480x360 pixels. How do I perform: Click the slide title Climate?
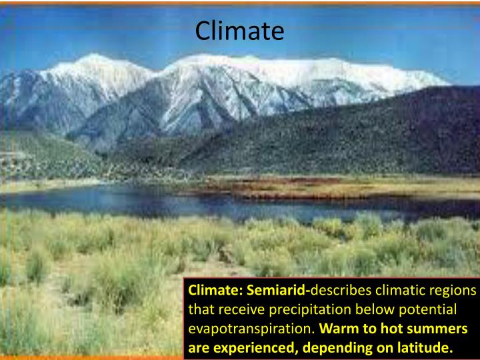pos(239,31)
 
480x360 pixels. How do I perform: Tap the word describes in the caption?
pos(340,291)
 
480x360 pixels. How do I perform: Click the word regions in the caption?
pos(453,291)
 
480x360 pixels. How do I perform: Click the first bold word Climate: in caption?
pos(216,291)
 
